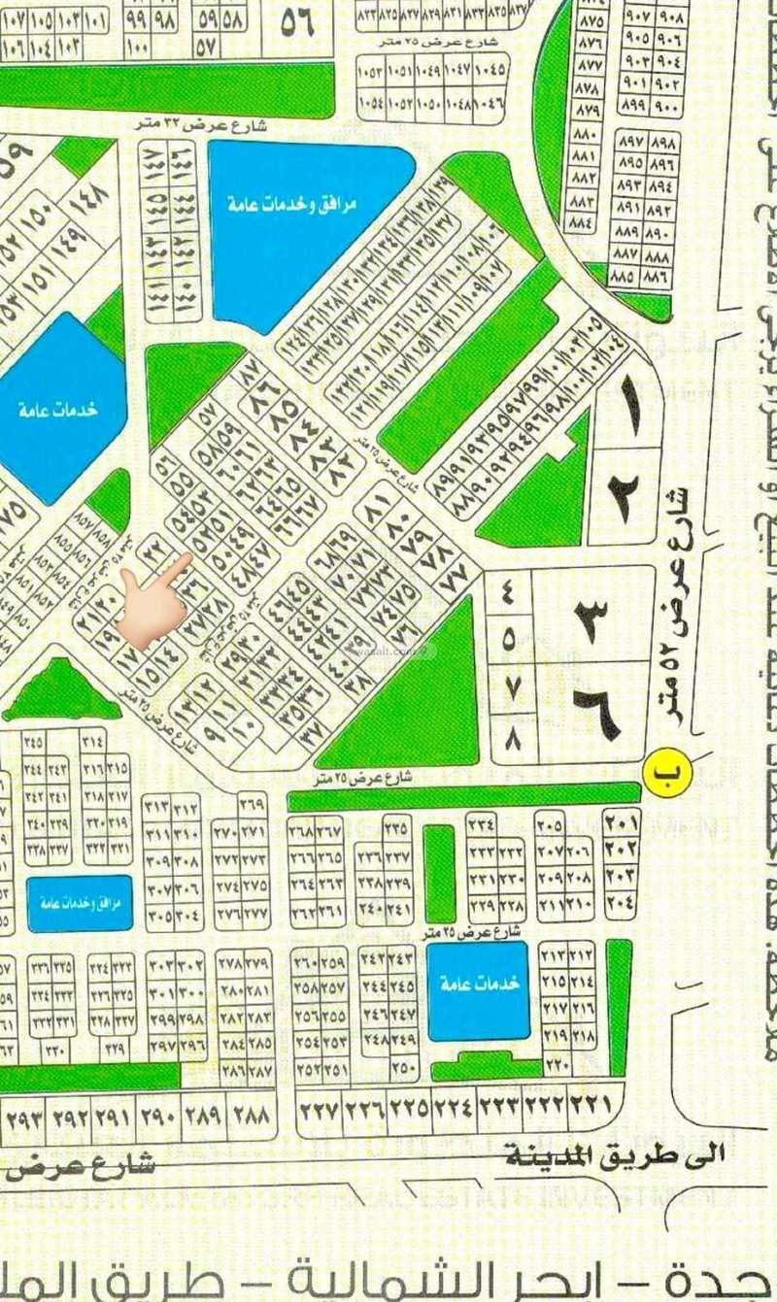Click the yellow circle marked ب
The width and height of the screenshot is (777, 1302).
662,775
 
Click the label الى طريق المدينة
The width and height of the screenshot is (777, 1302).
614,1154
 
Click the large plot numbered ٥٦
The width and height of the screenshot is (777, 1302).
296,23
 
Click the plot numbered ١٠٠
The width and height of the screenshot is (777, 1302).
138,47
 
